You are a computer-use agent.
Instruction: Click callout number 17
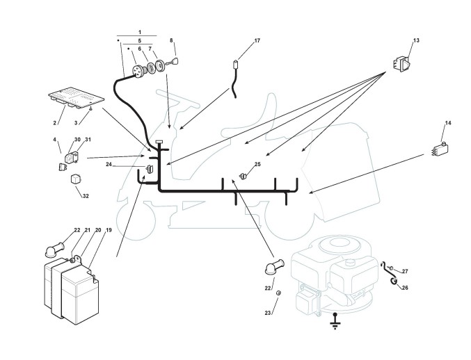point(257,41)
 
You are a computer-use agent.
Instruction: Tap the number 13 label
point(415,41)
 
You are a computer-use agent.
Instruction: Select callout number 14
point(448,123)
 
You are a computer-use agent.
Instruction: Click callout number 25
point(257,165)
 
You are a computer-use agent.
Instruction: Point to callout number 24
point(109,165)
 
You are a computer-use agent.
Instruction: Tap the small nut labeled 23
point(278,295)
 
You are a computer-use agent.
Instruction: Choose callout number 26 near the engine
point(405,287)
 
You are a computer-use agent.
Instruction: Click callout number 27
point(405,271)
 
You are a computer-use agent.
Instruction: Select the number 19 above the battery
point(109,230)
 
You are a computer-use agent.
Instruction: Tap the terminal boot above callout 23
point(272,268)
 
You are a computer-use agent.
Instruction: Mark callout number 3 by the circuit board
point(76,122)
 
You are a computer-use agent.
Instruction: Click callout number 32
point(86,196)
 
